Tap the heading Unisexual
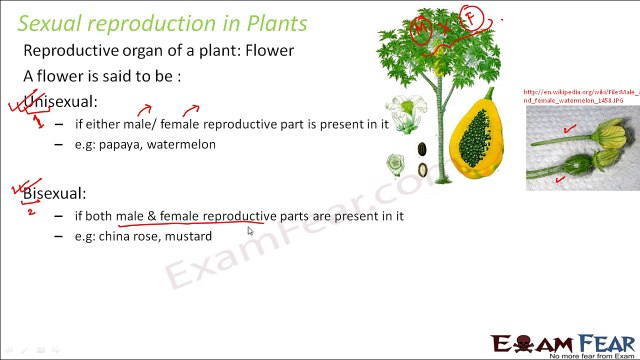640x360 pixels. [61, 100]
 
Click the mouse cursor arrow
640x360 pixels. [250, 231]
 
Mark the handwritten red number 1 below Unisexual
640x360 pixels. [38, 122]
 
